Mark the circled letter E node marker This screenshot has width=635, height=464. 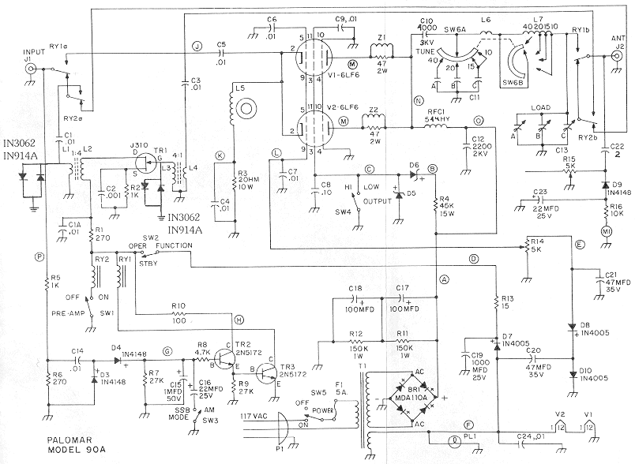coord(581,245)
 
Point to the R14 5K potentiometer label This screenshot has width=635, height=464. coord(537,247)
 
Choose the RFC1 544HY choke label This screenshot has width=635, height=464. coord(438,117)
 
